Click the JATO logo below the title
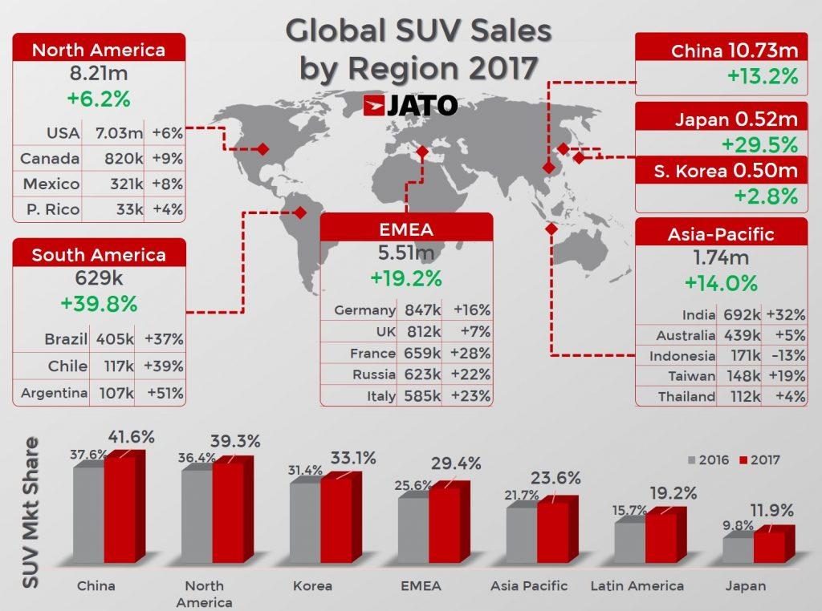click(410, 106)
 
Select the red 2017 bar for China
click(120, 510)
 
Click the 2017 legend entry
click(758, 460)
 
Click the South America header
click(99, 255)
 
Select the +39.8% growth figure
click(99, 304)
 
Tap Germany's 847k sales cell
click(417, 310)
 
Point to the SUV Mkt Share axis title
click(31, 513)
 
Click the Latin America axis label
click(637, 586)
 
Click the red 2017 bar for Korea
click(336, 520)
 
